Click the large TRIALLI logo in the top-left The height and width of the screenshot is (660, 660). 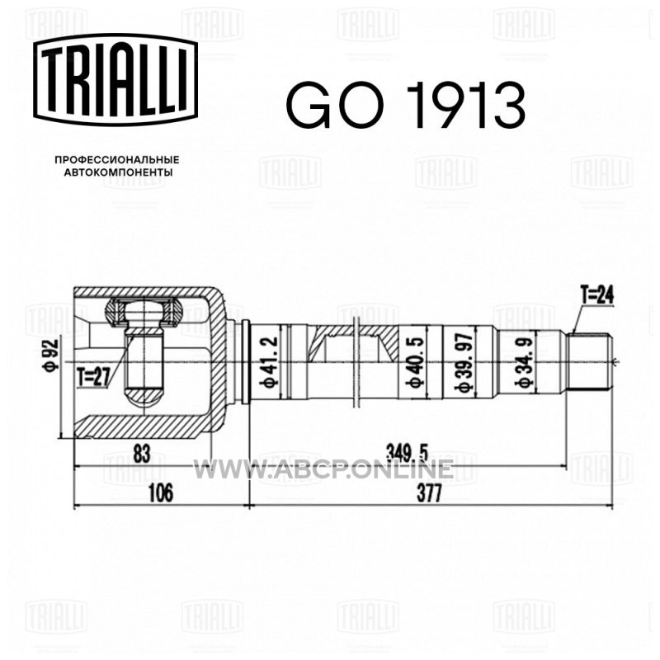tap(115, 79)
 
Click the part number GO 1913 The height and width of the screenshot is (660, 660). tap(406, 105)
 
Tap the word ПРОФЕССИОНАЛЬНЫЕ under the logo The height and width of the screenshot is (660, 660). tap(117, 160)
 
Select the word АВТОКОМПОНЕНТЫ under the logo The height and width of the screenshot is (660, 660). tap(118, 172)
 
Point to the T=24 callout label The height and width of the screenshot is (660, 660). tap(596, 295)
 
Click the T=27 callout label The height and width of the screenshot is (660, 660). tap(93, 377)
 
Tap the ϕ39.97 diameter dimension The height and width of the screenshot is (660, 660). tap(465, 361)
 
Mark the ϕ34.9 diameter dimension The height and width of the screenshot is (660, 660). tap(525, 361)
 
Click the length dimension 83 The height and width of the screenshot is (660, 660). tap(142, 455)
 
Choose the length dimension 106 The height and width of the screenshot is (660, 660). tap(160, 493)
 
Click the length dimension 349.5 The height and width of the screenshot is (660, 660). tap(407, 454)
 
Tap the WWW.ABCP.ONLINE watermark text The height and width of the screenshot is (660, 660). tap(323, 469)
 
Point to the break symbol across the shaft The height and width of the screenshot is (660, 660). tap(356, 361)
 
